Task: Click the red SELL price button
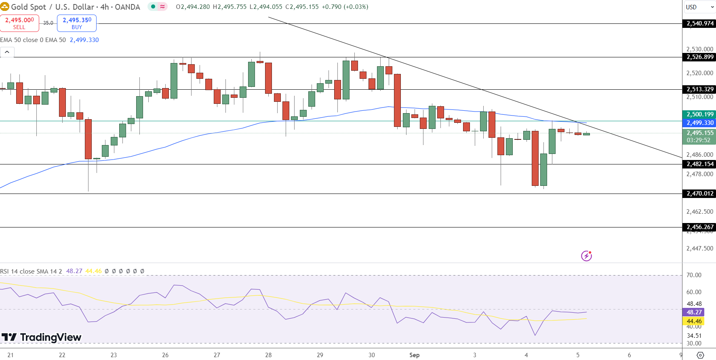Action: (19, 23)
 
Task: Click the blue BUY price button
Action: (77, 23)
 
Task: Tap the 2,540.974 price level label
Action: (700, 23)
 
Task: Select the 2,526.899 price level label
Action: (700, 57)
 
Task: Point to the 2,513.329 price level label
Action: (700, 89)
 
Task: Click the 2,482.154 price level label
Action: (700, 164)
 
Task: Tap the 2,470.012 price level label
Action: (700, 194)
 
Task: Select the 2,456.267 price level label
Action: (700, 227)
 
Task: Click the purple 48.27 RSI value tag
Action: (694, 312)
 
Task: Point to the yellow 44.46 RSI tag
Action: (694, 321)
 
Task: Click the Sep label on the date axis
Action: (414, 355)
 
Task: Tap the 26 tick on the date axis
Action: (165, 355)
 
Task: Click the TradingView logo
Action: (41, 337)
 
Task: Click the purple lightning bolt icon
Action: (586, 256)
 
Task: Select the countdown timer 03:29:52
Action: (698, 140)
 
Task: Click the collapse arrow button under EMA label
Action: (7, 52)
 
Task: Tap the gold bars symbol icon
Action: (5, 7)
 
